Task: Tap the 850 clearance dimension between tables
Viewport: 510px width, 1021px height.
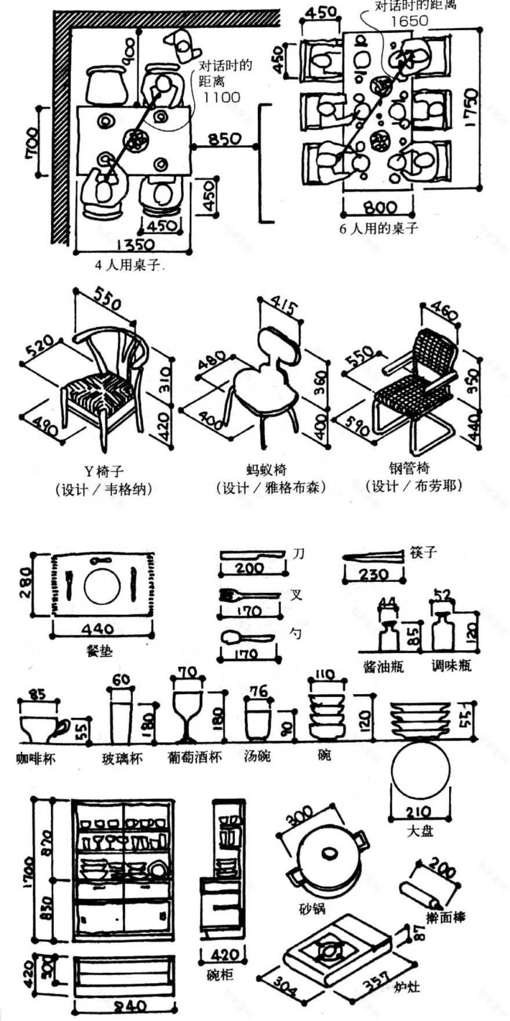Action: pos(225,139)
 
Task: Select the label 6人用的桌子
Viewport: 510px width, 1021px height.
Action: pos(378,228)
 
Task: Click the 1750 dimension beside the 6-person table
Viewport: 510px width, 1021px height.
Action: pos(469,108)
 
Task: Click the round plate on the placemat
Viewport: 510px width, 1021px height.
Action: pos(102,587)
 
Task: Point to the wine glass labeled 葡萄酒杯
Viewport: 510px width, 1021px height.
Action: pos(186,710)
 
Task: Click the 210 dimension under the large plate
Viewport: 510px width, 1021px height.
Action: pos(418,812)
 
